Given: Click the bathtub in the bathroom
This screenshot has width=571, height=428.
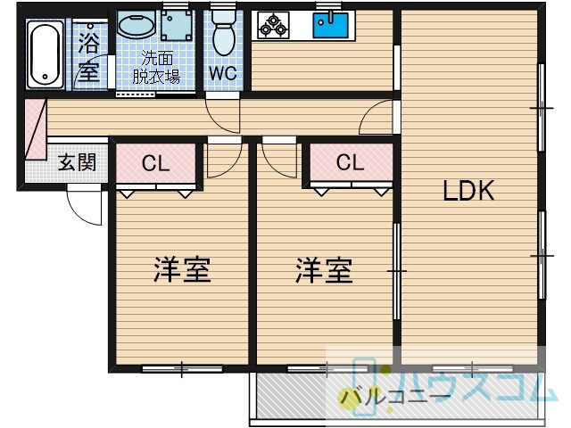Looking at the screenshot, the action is (46, 53).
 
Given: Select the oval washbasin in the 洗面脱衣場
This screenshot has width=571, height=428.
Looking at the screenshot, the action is (137, 26).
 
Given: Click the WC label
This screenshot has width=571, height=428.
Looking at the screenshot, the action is (223, 73).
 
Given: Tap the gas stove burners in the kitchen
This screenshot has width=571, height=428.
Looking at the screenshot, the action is (273, 25).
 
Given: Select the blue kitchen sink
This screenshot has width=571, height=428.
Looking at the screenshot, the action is (331, 24).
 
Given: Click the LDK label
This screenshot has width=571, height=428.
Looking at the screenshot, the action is (468, 190).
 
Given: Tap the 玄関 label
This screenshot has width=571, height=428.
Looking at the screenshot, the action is (78, 162).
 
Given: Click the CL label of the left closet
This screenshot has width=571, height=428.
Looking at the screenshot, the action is (156, 163).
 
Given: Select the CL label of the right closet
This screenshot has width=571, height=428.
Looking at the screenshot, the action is (351, 162).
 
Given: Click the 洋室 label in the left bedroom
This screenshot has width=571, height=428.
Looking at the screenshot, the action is (182, 269).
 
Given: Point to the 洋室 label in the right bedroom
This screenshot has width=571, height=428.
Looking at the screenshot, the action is (324, 270).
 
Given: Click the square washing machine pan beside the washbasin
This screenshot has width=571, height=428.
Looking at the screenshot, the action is (177, 25).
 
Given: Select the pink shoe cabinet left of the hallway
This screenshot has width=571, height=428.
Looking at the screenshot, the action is (36, 129).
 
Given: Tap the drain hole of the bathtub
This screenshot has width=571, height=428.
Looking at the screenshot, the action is (45, 77).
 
